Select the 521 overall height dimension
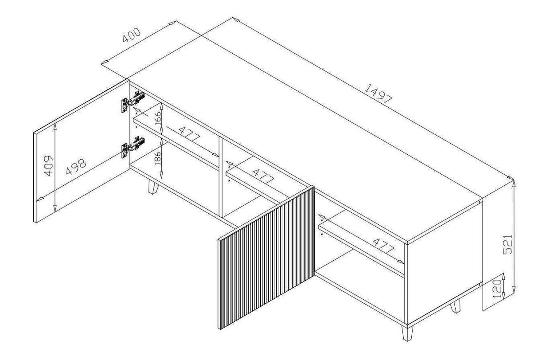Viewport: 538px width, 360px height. click(x=509, y=244)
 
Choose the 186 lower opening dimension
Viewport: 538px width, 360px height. click(x=158, y=157)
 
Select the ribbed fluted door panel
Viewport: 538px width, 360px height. click(x=266, y=257)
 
